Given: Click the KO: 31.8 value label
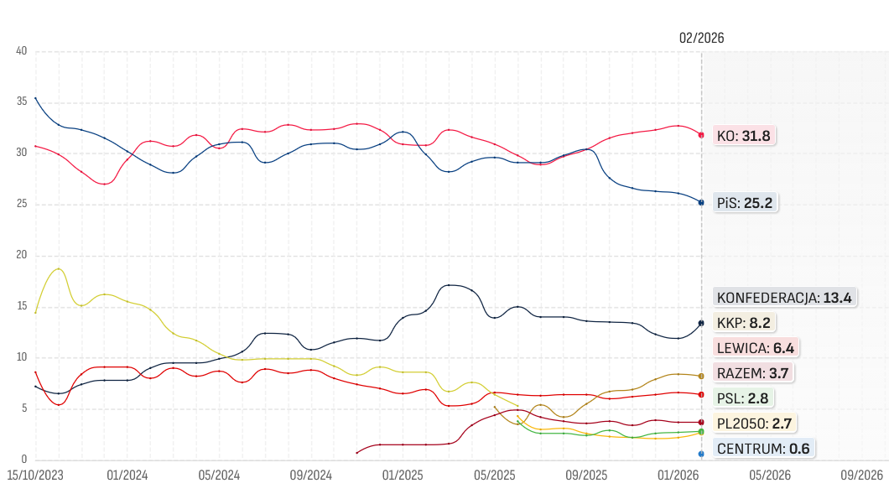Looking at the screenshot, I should (x=743, y=136).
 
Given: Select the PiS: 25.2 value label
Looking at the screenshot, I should (x=743, y=203).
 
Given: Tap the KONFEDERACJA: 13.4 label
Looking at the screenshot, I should (x=784, y=297).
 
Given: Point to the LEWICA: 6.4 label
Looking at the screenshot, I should (x=753, y=347).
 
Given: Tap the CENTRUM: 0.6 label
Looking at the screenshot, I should (x=762, y=449).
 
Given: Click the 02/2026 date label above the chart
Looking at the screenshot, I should (x=701, y=38).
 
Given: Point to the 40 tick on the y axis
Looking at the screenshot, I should (x=22, y=51).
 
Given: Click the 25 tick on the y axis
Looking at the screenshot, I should (x=22, y=204).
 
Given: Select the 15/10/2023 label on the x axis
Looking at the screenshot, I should (x=35, y=475).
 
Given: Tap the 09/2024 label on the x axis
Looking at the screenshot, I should (x=310, y=475).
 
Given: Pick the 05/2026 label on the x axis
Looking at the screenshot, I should (x=769, y=475).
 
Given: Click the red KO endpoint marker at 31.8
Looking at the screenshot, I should (x=701, y=135).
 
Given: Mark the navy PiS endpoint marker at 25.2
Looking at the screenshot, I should (x=701, y=202).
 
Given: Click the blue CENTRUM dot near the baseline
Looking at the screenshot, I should (x=701, y=454).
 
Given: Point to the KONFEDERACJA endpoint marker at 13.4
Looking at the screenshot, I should (x=701, y=323).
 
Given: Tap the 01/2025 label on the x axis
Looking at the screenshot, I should (x=402, y=475).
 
